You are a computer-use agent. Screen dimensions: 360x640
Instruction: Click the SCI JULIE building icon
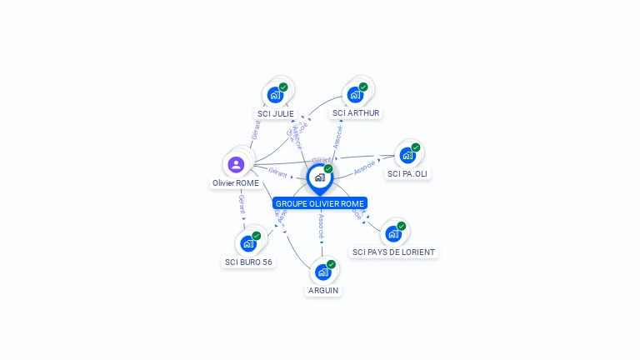pos(275,95)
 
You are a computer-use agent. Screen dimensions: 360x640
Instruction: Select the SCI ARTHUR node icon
pos(356,94)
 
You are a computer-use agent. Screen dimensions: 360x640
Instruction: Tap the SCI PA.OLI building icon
pos(407,155)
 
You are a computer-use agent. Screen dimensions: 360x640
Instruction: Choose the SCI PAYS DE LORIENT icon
pos(393,233)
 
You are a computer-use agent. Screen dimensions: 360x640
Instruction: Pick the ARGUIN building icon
pos(323,272)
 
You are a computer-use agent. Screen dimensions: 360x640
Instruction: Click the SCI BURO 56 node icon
pos(247,243)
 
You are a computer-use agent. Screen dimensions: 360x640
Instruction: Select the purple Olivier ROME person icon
pos(236,164)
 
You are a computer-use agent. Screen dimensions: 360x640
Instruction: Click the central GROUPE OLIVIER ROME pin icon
pos(319,177)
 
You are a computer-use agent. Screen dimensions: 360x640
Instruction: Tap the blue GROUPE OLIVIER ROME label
pos(320,203)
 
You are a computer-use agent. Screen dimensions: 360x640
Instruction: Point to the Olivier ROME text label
pos(236,182)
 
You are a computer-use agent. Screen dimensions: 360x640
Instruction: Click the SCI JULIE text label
pos(276,113)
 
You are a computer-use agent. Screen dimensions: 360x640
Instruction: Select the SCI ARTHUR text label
pos(356,112)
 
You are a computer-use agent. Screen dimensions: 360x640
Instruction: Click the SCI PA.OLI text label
pos(408,173)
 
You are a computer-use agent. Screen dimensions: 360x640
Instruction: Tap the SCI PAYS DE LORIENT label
pos(393,252)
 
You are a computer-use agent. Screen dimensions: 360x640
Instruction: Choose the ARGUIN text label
pos(323,290)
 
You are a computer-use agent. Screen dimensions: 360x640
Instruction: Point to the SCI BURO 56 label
pos(248,262)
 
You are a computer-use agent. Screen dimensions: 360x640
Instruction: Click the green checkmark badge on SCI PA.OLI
pos(416,147)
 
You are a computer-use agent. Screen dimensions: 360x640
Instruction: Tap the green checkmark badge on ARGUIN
pos(332,264)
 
